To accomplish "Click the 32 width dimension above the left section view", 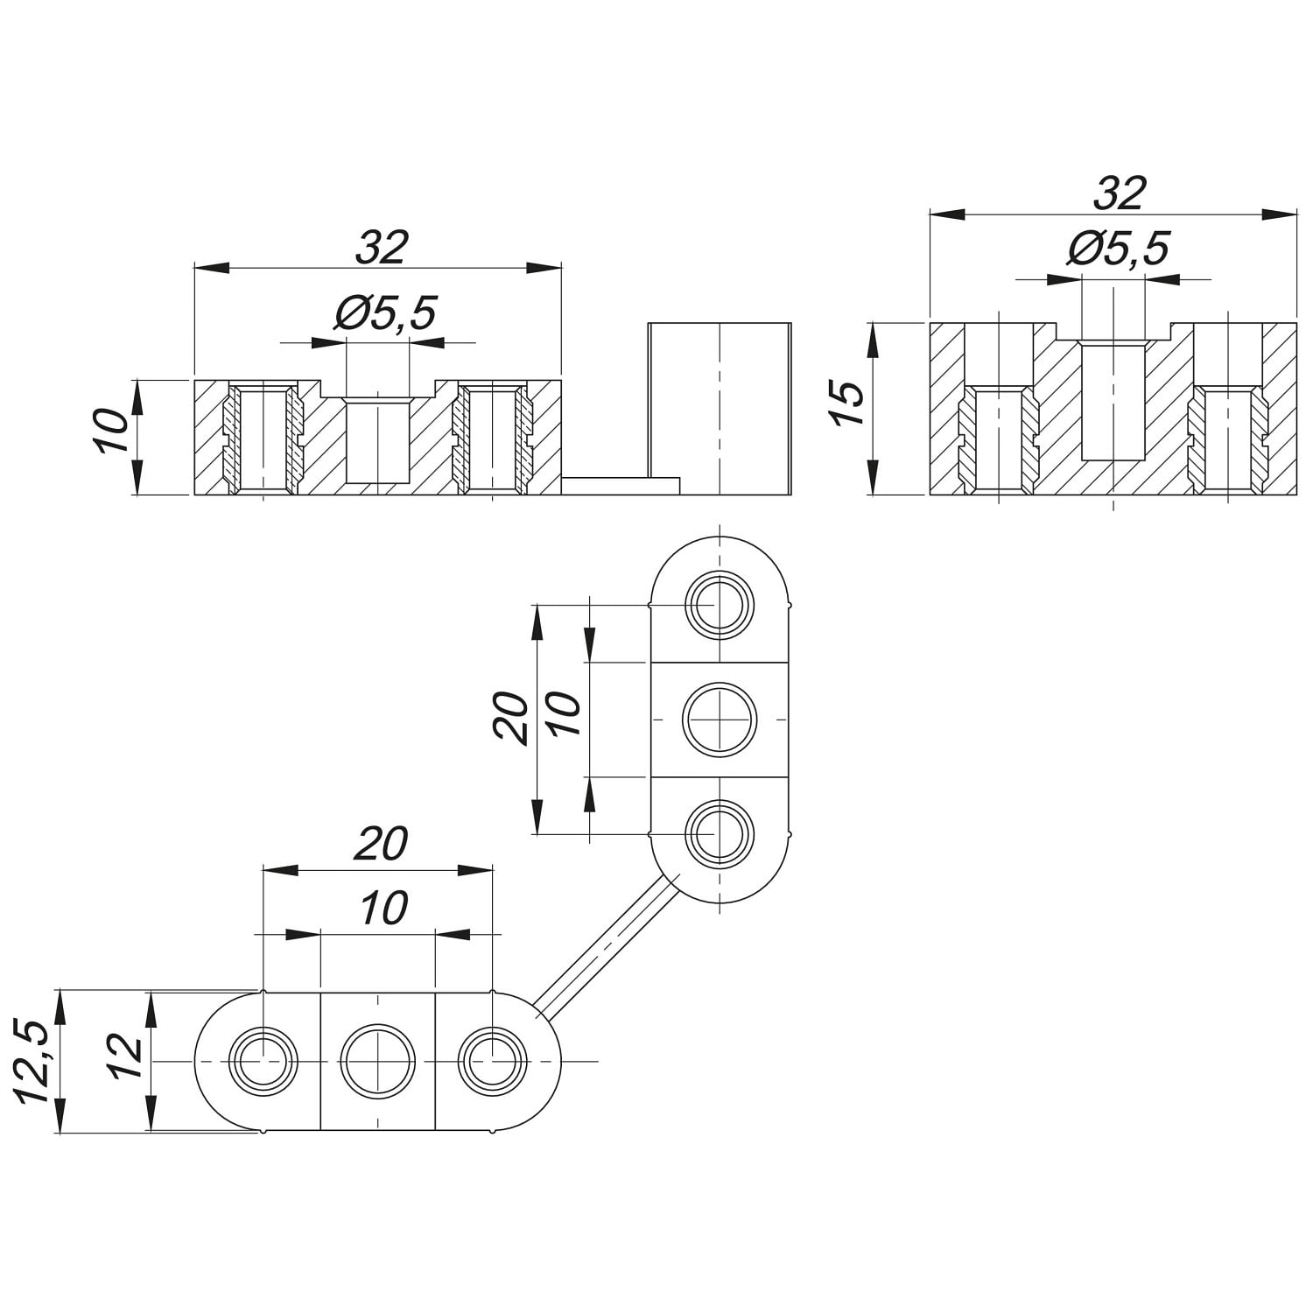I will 383,248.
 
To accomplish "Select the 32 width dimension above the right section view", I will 1120,193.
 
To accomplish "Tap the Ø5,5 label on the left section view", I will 385,312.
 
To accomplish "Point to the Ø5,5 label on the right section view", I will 1119,249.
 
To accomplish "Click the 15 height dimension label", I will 848,405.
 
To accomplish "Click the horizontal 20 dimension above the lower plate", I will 382,845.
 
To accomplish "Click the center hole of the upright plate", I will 718,720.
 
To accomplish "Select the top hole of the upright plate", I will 718,605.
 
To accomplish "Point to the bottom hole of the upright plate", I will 718,832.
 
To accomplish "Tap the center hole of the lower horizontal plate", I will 378,1060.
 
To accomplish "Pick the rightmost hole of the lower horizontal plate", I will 493,1060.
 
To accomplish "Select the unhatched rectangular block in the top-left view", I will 720,408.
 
